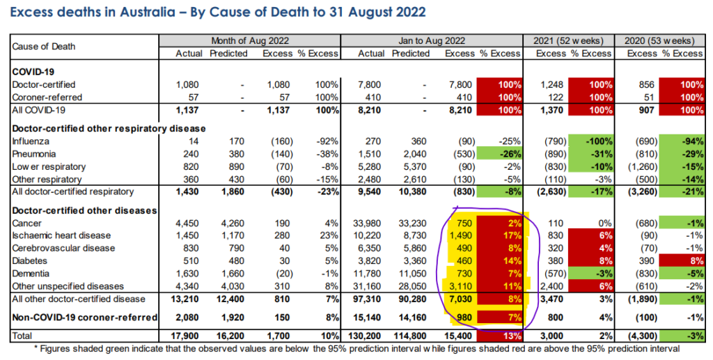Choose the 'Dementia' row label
[32, 273]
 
